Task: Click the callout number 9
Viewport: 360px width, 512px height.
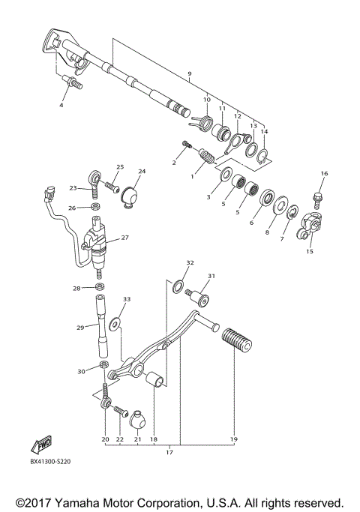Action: pyautogui.click(x=190, y=73)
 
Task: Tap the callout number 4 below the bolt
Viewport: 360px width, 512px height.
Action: pyautogui.click(x=61, y=106)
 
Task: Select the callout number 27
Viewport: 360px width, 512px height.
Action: pyautogui.click(x=125, y=238)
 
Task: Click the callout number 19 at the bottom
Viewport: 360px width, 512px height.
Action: pyautogui.click(x=233, y=439)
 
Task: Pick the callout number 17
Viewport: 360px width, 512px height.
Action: pyautogui.click(x=169, y=452)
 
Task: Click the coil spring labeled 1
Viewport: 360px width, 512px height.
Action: pyautogui.click(x=205, y=159)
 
